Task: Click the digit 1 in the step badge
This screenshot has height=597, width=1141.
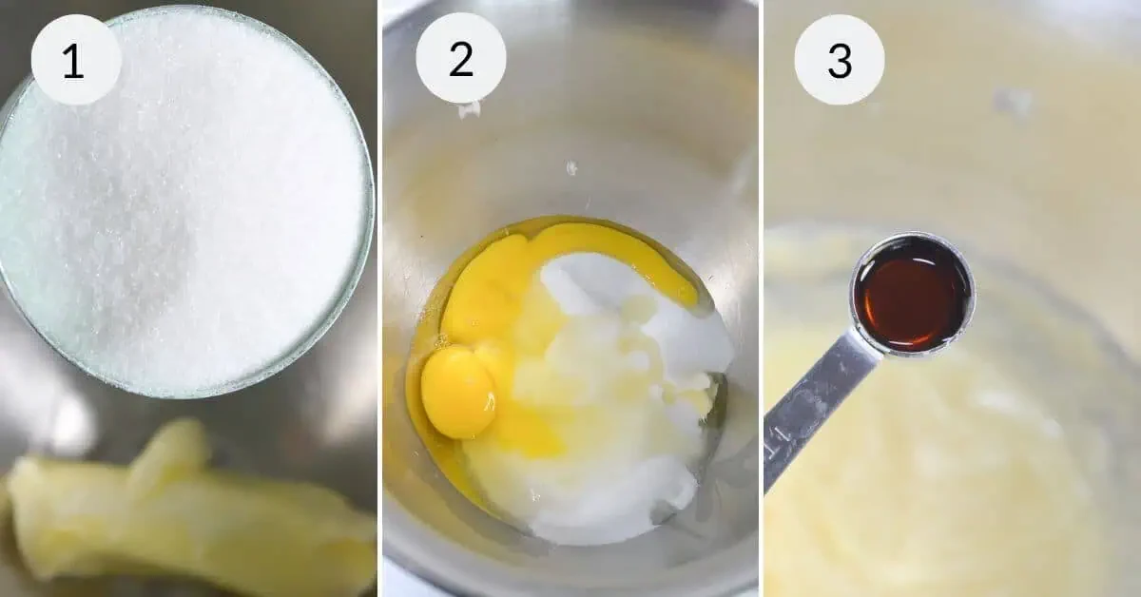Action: pyautogui.click(x=74, y=61)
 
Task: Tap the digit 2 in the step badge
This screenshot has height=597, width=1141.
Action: pyautogui.click(x=461, y=60)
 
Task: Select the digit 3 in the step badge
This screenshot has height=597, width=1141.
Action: pyautogui.click(x=840, y=61)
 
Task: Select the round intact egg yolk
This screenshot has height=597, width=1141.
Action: pyautogui.click(x=458, y=393)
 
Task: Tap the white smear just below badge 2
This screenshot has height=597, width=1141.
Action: pyautogui.click(x=469, y=109)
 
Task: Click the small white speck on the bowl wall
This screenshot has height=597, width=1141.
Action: pyautogui.click(x=572, y=167)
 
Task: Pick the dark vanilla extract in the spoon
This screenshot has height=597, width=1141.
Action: pyautogui.click(x=911, y=295)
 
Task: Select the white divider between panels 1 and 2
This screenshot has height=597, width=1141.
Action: pyautogui.click(x=380, y=298)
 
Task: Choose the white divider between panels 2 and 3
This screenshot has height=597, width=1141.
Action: pyautogui.click(x=762, y=298)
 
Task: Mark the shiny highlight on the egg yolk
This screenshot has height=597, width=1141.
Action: pyautogui.click(x=490, y=402)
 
